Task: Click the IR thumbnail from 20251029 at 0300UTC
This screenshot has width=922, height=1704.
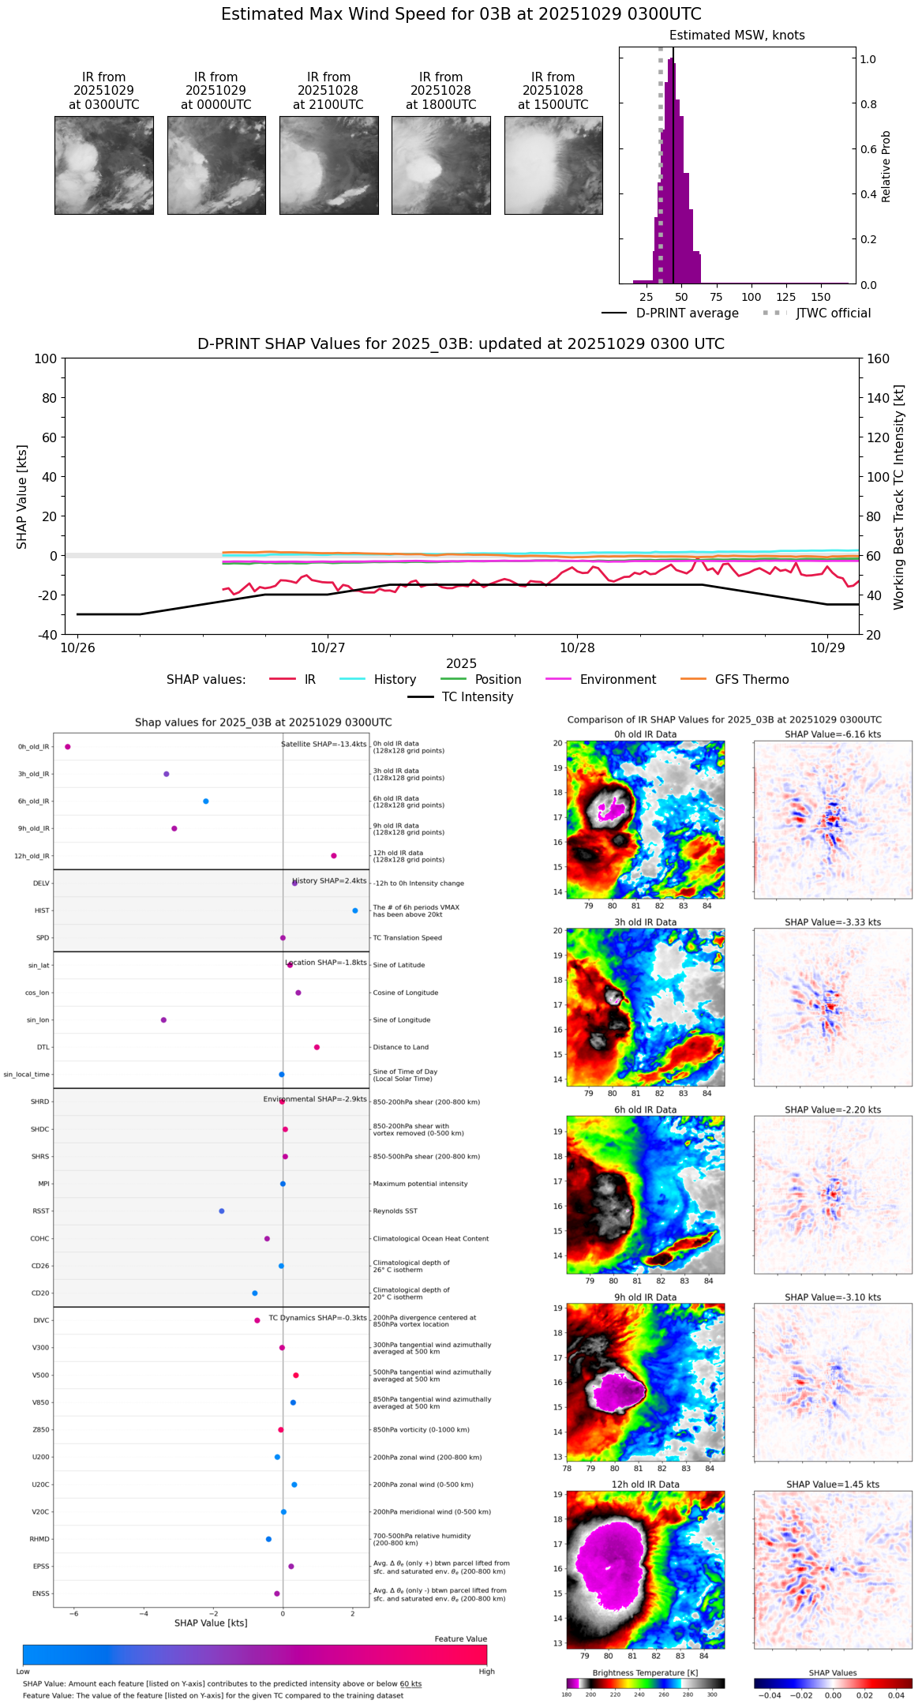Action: (x=103, y=165)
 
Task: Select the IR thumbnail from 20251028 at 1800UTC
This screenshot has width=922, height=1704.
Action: (x=440, y=165)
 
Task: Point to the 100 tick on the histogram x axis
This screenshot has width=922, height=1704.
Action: (x=751, y=297)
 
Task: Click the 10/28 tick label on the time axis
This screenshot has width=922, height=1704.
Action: (x=577, y=647)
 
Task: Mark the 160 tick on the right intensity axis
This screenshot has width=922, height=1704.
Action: (x=879, y=358)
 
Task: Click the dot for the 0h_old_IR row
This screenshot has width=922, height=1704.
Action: (x=68, y=746)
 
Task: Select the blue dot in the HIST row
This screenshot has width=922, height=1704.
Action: (x=355, y=910)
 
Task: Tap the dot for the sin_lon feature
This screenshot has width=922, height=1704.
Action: (x=163, y=1019)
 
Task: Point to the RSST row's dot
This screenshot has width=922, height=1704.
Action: (x=222, y=1210)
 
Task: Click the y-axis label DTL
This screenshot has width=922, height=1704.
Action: (x=43, y=1047)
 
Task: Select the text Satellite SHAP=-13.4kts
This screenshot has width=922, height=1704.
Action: (x=324, y=745)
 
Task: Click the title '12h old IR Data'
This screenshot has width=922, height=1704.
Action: (x=645, y=1484)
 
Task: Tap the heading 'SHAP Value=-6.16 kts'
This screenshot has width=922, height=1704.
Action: (x=833, y=734)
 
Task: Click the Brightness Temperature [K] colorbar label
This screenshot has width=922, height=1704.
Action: (x=645, y=1672)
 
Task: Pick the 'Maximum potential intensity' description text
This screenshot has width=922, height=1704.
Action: (x=420, y=1184)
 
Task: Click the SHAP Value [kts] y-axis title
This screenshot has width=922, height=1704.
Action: (x=22, y=497)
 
